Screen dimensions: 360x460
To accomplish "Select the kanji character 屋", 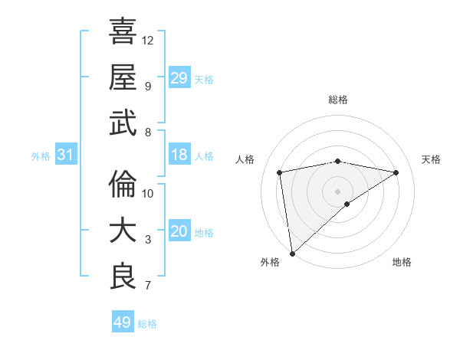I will pyautogui.click(x=123, y=77).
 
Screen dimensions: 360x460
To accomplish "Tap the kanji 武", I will pyautogui.click(x=123, y=123).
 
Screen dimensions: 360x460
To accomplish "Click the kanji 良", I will pyautogui.click(x=123, y=277).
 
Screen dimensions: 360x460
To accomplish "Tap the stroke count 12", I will pyautogui.click(x=148, y=40).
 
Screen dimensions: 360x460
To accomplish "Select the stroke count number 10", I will pyautogui.click(x=148, y=193).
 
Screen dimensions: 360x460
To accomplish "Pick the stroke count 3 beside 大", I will pyautogui.click(x=148, y=240).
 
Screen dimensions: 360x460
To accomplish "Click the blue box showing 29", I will pyautogui.click(x=179, y=78).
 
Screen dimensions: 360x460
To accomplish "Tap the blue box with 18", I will pyautogui.click(x=179, y=155).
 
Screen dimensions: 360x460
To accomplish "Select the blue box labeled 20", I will pyautogui.click(x=179, y=232).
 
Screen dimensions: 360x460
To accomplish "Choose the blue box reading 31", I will pyautogui.click(x=66, y=155).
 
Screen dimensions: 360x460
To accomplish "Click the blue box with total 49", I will pyautogui.click(x=123, y=322).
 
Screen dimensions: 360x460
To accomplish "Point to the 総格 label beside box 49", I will pyautogui.click(x=148, y=324).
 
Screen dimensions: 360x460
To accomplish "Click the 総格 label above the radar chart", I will pyautogui.click(x=338, y=100).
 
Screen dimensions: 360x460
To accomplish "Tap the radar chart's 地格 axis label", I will pyautogui.click(x=402, y=262).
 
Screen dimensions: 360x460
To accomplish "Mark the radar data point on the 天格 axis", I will pyautogui.click(x=396, y=172).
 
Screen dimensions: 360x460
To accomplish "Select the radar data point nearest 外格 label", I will pyautogui.click(x=292, y=253).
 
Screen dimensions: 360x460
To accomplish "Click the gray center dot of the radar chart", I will pyautogui.click(x=337, y=190).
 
